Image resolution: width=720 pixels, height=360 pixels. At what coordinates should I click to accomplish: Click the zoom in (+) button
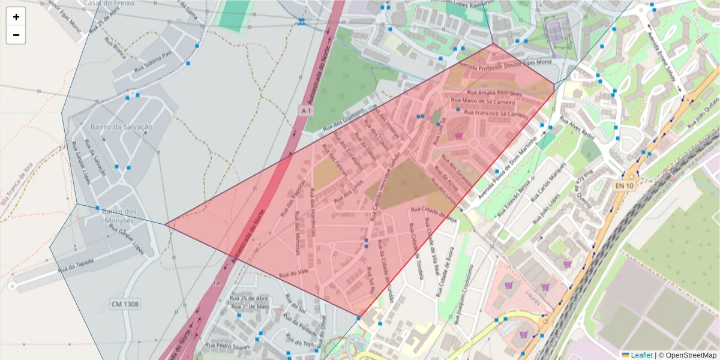pyautogui.click(x=16, y=17)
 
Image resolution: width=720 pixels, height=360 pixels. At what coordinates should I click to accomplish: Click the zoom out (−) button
pyautogui.click(x=16, y=35)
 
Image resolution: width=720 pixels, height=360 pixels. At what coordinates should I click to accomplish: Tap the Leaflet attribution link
pyautogui.click(x=641, y=355)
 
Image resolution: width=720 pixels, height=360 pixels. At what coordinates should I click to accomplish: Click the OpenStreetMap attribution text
pyautogui.click(x=690, y=355)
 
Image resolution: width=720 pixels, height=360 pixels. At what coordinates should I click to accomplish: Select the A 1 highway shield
pyautogui.click(x=306, y=111)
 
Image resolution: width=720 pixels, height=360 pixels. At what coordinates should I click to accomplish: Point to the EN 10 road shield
pyautogui.click(x=624, y=186)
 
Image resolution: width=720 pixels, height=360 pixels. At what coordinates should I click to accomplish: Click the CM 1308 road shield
pyautogui.click(x=125, y=304)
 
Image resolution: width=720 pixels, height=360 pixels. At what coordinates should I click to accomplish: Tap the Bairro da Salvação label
pyautogui.click(x=121, y=127)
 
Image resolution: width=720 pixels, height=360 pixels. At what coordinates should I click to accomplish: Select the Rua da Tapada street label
pyautogui.click(x=78, y=265)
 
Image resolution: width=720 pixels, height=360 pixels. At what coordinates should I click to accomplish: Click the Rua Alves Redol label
pyautogui.click(x=577, y=128)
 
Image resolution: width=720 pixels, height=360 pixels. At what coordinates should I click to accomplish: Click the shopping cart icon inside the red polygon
pyautogui.click(x=459, y=136)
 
